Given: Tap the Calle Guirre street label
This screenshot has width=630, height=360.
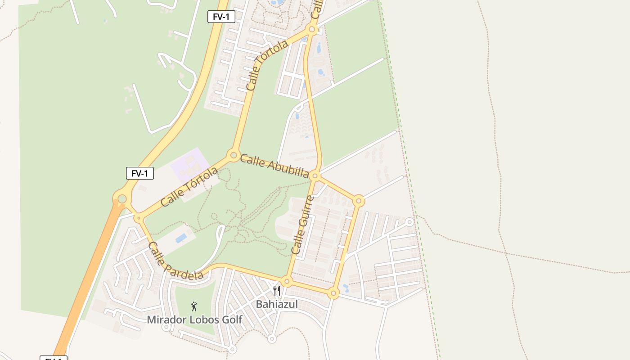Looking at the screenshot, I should pos(302,225).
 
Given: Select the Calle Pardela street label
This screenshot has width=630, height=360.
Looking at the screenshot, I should pos(175,261).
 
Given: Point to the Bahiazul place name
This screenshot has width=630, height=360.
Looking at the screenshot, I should pos(277,304).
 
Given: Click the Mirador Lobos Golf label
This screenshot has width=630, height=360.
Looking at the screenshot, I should pos(194,320).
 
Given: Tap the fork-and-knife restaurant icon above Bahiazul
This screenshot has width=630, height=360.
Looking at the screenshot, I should pos(277,291).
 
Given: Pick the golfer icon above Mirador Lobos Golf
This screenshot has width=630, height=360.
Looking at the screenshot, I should pos(194,307).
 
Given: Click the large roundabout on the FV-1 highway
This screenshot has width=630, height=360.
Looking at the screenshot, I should pos(122,198).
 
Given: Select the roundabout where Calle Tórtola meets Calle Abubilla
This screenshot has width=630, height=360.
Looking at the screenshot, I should pos(234,156).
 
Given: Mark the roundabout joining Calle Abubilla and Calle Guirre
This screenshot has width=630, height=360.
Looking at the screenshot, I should pos(315,175).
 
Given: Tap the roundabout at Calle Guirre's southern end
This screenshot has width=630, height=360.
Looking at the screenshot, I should pos(287,282).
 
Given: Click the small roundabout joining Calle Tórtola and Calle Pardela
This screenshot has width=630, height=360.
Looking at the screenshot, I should pos(139,218).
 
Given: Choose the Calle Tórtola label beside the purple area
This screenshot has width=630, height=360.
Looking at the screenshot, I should pos(189,187).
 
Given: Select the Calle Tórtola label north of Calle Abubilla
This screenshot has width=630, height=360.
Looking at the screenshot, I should pos(267,66).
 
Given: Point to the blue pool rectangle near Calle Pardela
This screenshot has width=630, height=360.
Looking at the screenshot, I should pos(181,238).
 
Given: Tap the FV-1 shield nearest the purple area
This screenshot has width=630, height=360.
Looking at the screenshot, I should pos(139,173).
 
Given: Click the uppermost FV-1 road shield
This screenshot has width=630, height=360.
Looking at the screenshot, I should pos(221,17).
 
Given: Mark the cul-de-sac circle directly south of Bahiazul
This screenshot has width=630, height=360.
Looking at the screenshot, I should pos(271,339).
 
